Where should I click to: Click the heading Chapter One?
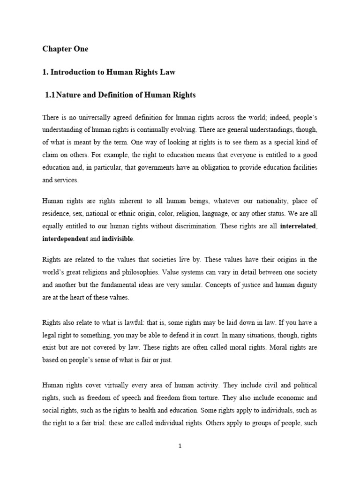[65, 49]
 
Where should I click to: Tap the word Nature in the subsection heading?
[70, 95]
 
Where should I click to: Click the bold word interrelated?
[298, 226]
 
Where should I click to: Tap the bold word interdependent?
[65, 239]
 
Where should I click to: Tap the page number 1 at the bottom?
[180, 446]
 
